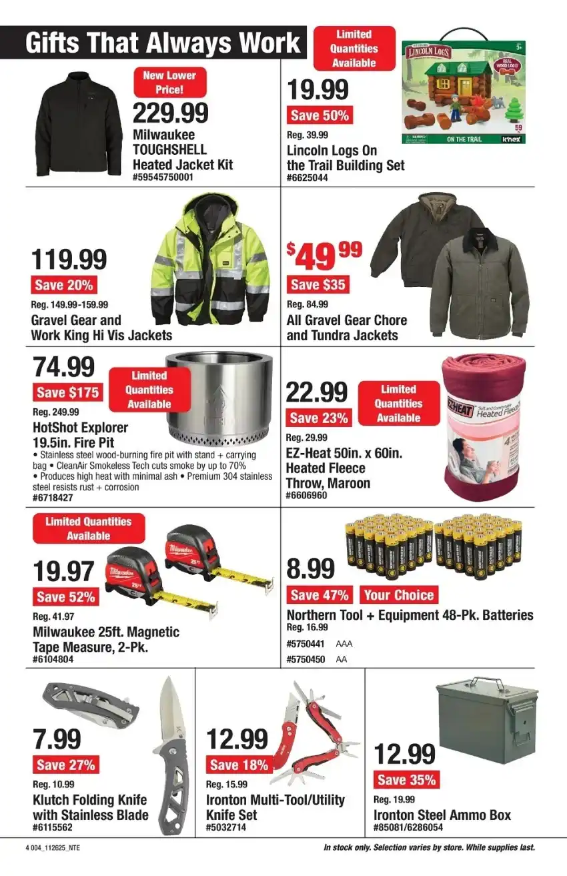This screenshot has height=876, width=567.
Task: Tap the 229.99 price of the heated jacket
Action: (x=171, y=113)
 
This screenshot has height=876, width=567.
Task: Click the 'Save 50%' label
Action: (x=320, y=115)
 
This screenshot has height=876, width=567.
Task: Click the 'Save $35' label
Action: (x=318, y=285)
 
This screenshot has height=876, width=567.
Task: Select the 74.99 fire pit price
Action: (x=64, y=367)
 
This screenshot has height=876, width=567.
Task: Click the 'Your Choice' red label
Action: (x=398, y=595)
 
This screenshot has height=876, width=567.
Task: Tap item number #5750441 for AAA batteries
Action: (x=306, y=644)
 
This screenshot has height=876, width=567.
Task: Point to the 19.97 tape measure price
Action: (x=65, y=572)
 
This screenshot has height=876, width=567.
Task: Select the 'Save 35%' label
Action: (x=406, y=780)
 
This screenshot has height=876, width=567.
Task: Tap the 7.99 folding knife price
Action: (x=57, y=739)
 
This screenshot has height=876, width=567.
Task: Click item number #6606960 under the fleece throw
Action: (x=306, y=496)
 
